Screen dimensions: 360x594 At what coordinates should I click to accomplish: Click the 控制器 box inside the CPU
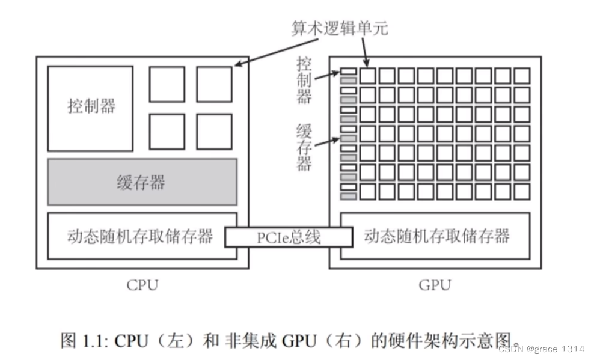(x=90, y=108)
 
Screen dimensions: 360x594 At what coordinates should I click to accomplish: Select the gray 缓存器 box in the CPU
(x=142, y=182)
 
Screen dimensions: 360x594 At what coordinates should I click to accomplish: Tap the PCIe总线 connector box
(x=289, y=237)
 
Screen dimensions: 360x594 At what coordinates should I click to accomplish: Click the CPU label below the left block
(x=142, y=284)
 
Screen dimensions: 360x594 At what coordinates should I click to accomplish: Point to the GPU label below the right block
(x=434, y=284)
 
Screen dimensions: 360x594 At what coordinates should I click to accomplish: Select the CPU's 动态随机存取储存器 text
(x=140, y=236)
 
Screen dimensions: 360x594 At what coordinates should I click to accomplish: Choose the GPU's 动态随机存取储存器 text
(x=436, y=236)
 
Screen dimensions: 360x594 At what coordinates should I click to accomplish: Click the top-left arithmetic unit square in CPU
(x=167, y=84)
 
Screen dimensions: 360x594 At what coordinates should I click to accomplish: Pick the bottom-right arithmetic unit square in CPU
(x=213, y=131)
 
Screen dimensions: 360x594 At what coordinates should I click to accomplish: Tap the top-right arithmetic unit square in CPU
(x=213, y=84)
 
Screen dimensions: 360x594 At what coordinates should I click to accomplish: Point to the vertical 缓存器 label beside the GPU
(x=304, y=147)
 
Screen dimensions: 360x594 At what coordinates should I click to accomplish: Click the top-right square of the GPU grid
(x=522, y=76)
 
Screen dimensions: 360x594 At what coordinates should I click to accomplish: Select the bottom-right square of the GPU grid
(x=522, y=192)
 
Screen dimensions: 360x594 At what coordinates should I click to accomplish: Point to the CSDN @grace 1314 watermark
(x=541, y=349)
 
